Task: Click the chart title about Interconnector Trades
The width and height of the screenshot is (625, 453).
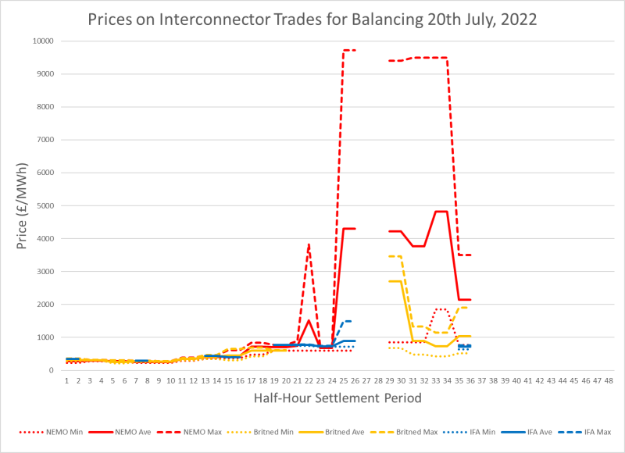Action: [x=312, y=20]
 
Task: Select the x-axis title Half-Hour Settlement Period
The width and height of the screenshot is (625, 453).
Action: [x=337, y=398]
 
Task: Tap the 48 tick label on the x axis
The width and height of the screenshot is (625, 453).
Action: [x=609, y=380]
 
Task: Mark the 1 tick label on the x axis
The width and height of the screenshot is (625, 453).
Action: [x=67, y=380]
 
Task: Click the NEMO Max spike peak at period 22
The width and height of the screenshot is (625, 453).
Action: [x=309, y=245]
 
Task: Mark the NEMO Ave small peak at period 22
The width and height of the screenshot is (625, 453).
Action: [x=309, y=320]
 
